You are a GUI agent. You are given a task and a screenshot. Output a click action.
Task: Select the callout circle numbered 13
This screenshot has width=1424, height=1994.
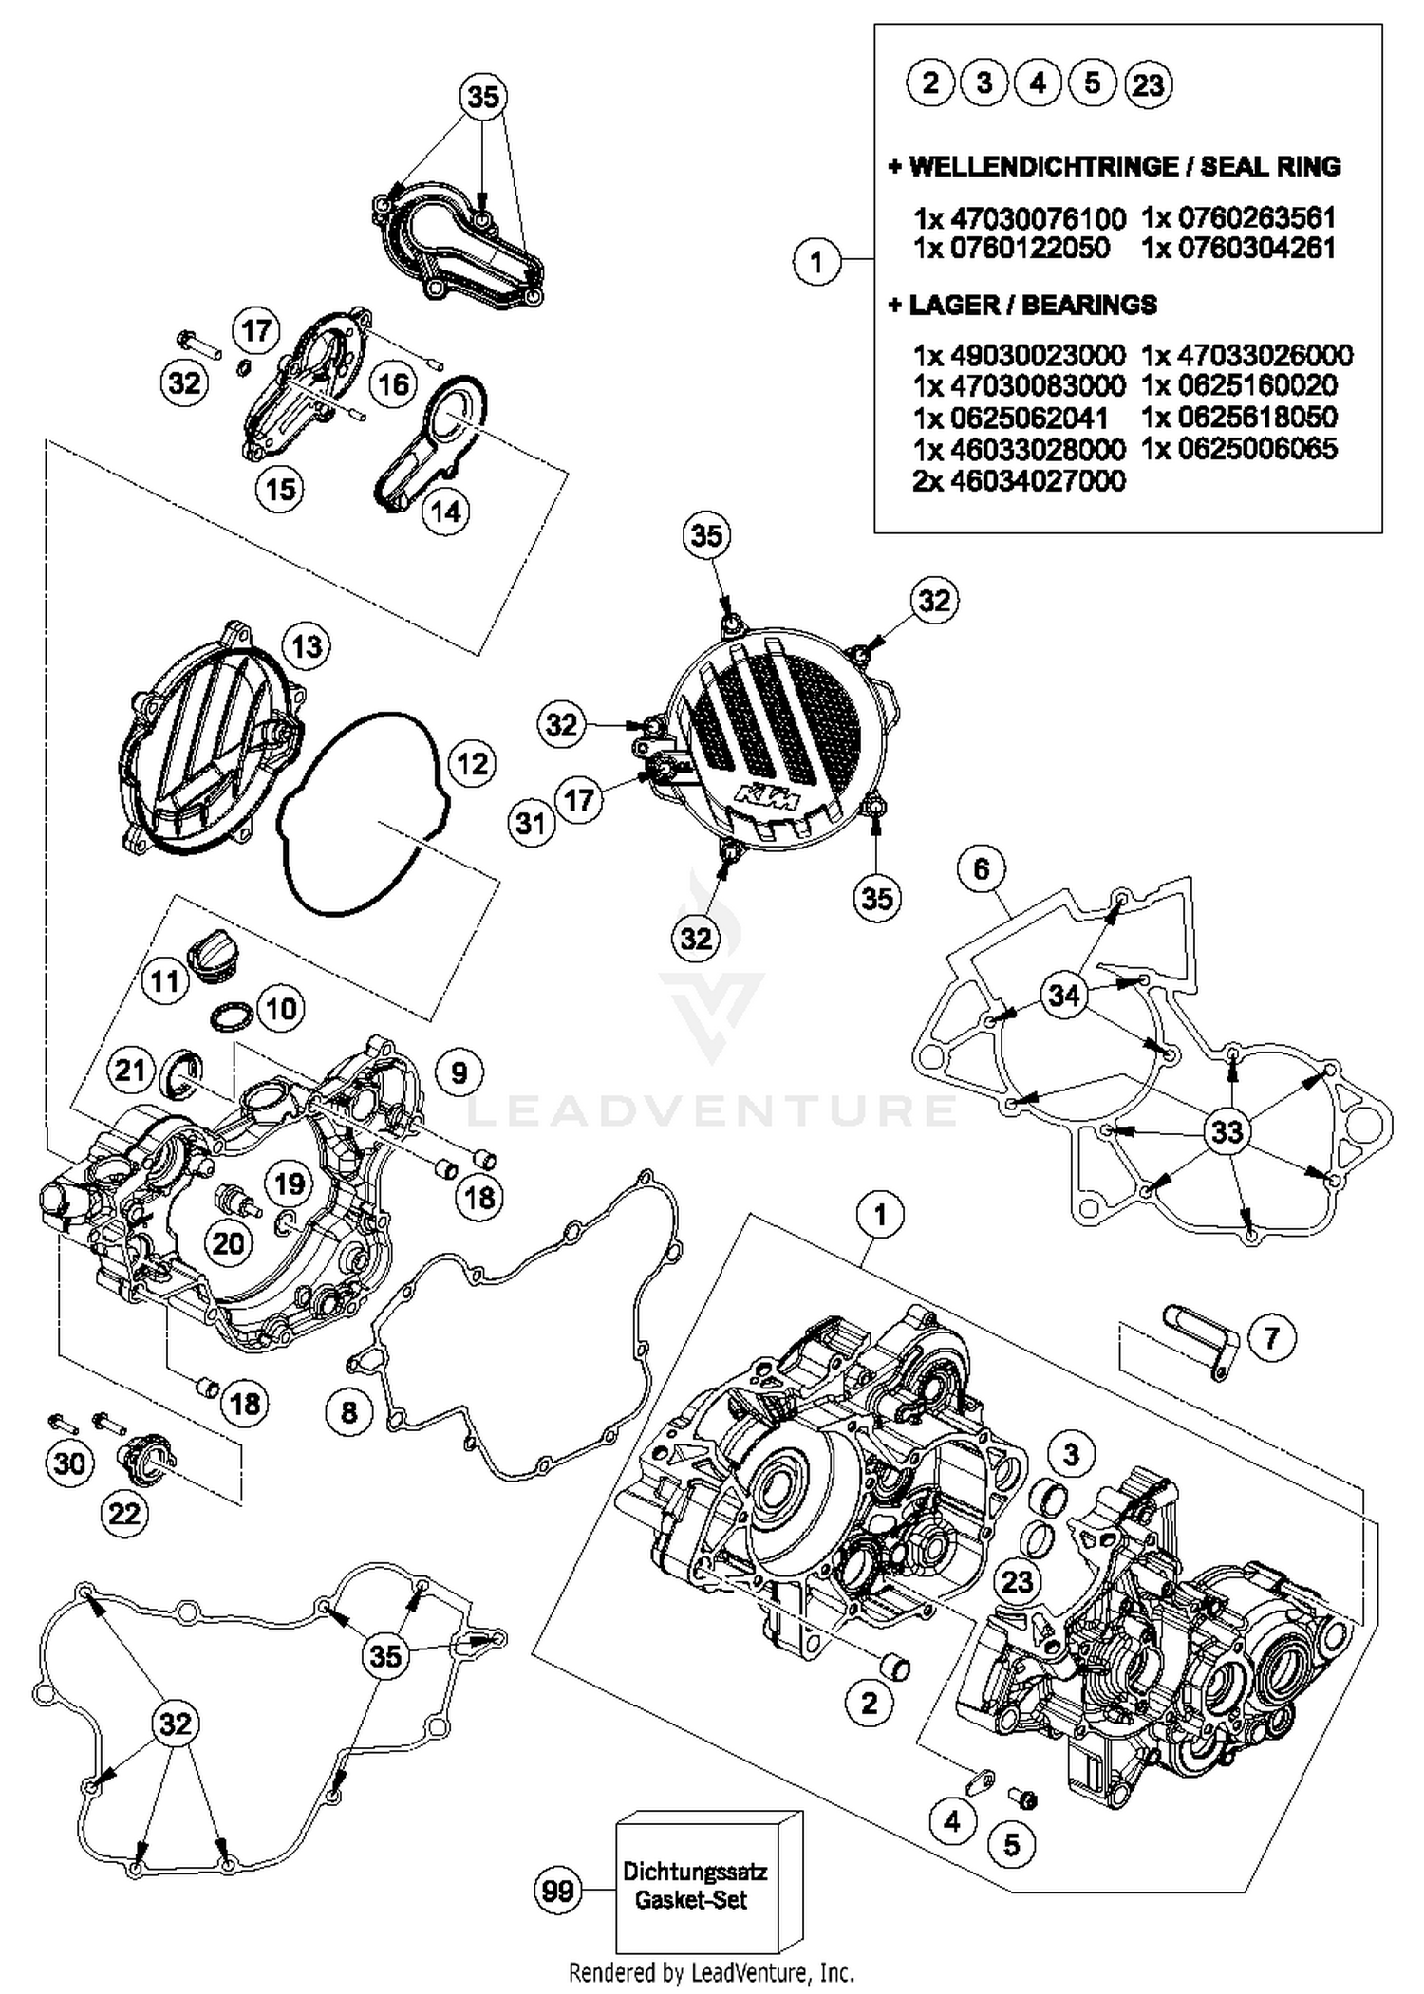pos(307,647)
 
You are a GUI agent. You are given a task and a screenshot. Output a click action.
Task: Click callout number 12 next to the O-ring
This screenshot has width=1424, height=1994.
pos(472,764)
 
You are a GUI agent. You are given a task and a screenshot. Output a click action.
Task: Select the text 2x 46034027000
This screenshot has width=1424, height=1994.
pos(1019,480)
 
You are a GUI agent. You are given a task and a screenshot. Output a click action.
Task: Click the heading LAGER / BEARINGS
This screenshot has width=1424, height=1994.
pos(1022,305)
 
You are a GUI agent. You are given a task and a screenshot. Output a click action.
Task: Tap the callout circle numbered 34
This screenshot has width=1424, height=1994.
pos(1064,996)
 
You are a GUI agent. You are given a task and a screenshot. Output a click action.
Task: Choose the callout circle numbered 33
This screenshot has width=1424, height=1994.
pos(1227,1131)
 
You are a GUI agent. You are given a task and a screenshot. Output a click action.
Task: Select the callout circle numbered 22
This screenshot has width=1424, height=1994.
pos(124,1513)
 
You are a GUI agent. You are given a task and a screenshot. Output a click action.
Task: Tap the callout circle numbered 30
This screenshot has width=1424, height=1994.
pos(69,1463)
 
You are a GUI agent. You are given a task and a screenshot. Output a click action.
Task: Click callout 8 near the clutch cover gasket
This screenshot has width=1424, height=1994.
pos(348,1412)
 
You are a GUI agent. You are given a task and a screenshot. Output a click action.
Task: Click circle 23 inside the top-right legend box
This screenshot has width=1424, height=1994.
pos(1147,84)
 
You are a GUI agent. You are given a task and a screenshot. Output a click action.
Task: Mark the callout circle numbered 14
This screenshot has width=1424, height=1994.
pos(445,512)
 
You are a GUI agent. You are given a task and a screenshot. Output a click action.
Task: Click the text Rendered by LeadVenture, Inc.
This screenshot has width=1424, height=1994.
pos(711,1973)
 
